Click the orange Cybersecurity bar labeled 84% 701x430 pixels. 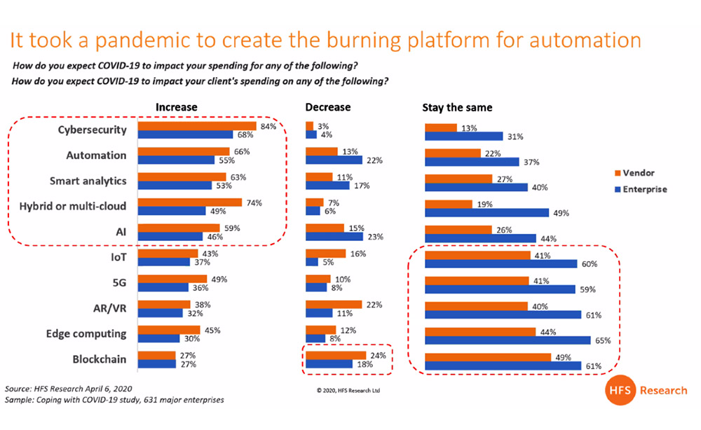point(198,126)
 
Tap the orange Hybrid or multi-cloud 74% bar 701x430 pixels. point(190,202)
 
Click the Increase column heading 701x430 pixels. point(176,108)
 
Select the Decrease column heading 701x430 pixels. point(328,108)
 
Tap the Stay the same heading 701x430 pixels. point(457,108)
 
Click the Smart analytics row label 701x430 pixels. point(88,181)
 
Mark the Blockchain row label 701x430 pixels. point(100,359)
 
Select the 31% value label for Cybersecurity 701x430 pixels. point(515,135)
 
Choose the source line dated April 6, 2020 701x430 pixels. point(69,388)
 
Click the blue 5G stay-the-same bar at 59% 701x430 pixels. point(499,289)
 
